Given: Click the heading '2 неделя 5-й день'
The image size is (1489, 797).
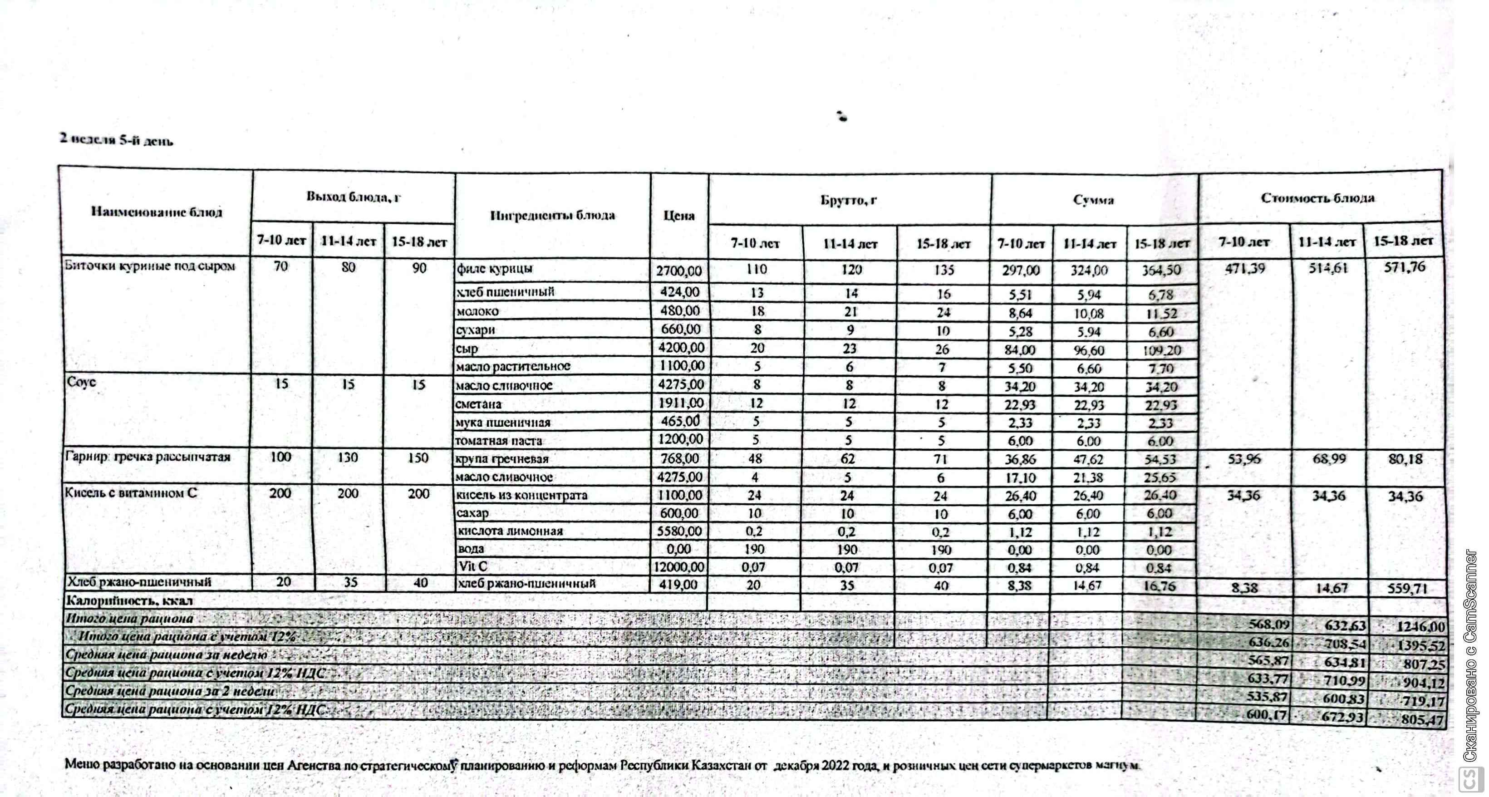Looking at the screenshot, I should point(116,140).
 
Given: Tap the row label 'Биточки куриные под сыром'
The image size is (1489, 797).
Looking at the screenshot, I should point(150,266).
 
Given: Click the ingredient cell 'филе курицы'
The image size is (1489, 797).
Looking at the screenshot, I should point(494,269).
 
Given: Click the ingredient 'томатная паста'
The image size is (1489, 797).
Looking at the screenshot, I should point(498,440).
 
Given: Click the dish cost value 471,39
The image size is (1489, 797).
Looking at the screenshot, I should point(1244,268).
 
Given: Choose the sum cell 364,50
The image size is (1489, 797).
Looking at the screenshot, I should point(1161,270).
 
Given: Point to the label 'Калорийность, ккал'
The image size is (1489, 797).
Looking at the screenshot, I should point(129,600).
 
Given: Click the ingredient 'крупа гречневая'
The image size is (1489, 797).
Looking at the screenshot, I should point(502,459).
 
